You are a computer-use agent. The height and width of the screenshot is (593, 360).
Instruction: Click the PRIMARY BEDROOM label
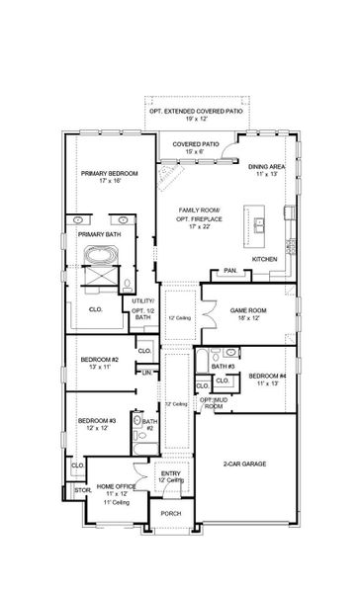tap(110, 174)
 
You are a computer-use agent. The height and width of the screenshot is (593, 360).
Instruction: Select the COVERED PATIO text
tap(196, 144)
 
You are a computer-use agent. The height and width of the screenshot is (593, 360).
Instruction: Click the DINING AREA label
tap(266, 167)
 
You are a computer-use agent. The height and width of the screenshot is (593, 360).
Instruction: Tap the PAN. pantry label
tap(229, 270)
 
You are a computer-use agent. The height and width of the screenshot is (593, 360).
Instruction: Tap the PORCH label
tap(172, 513)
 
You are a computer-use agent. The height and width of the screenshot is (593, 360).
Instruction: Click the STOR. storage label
tap(83, 490)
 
